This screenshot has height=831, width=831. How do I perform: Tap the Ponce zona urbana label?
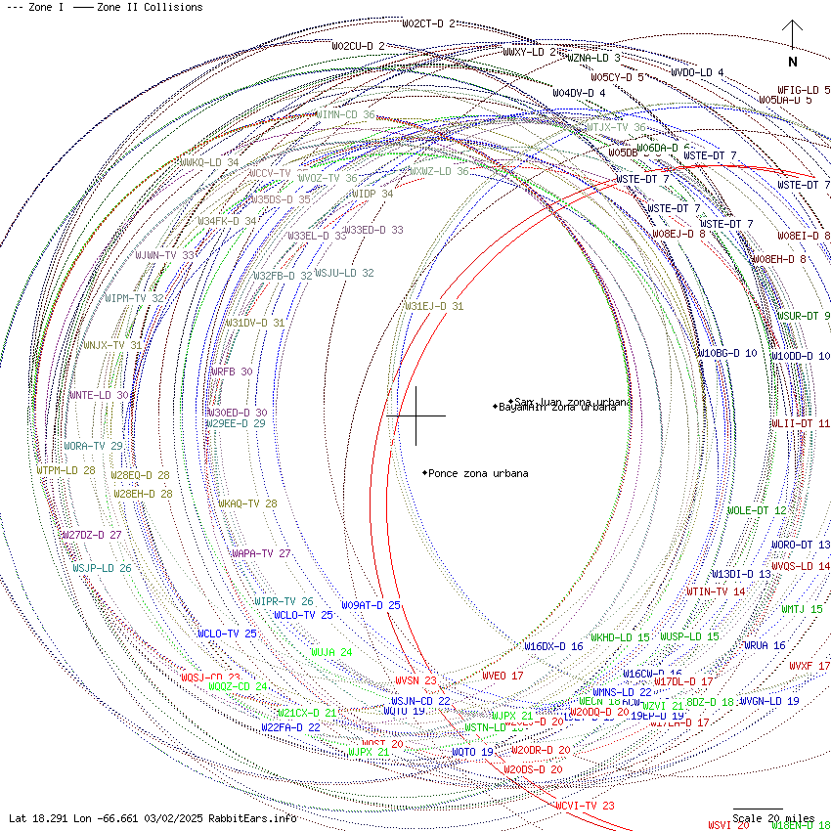(x=477, y=473)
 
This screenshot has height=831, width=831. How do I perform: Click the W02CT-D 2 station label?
(x=428, y=23)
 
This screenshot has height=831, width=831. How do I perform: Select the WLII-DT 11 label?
(x=800, y=423)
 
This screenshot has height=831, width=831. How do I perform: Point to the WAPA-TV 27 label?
(x=261, y=553)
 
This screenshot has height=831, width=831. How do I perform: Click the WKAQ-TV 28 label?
(x=247, y=503)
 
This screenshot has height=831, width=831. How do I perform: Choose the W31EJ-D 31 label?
(x=434, y=306)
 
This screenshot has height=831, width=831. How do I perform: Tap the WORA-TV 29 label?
(x=93, y=446)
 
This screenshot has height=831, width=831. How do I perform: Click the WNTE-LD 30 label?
(x=98, y=395)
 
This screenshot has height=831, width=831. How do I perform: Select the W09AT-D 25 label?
(x=371, y=605)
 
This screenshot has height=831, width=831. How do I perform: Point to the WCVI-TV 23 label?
(x=585, y=806)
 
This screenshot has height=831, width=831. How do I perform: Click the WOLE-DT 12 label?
(x=756, y=510)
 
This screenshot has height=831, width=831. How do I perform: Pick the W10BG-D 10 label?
(x=726, y=353)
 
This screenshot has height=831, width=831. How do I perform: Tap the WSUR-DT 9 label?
(x=803, y=316)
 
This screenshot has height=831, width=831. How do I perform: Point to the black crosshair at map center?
(x=416, y=415)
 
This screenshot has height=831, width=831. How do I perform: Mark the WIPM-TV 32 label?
(x=134, y=298)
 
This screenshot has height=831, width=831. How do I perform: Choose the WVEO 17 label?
(x=503, y=676)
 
